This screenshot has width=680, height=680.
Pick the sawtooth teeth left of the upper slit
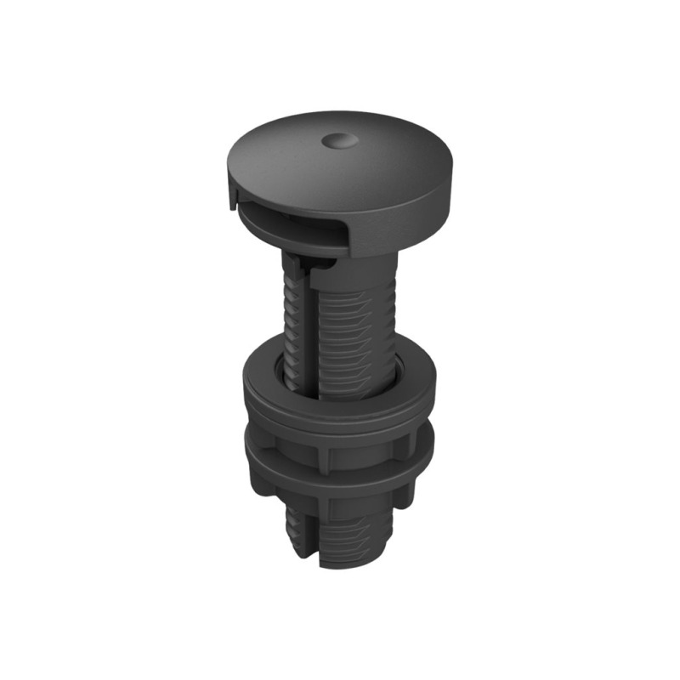[291, 331]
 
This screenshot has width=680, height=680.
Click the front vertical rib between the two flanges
[326, 455]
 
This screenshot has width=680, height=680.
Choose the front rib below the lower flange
[325, 510]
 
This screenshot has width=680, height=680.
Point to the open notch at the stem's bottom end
[315, 557]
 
